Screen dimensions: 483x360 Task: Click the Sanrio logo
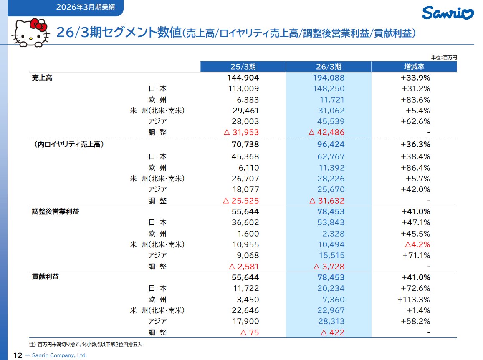click(x=448, y=13)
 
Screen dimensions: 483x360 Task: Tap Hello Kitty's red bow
click(x=39, y=25)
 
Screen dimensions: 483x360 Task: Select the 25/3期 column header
click(x=243, y=67)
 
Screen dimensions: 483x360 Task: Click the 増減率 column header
click(x=414, y=67)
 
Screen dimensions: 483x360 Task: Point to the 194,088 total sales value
click(x=329, y=78)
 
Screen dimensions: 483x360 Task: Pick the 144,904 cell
click(x=243, y=78)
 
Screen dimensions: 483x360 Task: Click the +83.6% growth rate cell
click(x=415, y=100)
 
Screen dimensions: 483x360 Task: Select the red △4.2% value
click(x=417, y=244)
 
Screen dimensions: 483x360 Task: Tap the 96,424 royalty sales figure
click(x=331, y=144)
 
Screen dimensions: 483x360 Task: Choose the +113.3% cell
click(x=414, y=300)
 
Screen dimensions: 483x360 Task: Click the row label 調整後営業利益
click(x=56, y=211)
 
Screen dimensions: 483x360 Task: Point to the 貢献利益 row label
click(x=45, y=277)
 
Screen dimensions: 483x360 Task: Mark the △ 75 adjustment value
click(x=250, y=332)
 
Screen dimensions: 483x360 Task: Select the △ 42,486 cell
click(x=326, y=132)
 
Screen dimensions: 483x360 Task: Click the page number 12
click(x=18, y=355)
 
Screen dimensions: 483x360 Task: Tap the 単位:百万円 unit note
click(x=444, y=58)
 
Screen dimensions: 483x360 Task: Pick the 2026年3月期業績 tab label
click(x=85, y=7)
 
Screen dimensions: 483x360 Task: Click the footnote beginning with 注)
click(x=86, y=345)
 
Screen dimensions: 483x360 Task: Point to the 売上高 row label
click(x=42, y=78)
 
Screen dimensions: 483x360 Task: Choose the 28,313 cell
click(x=331, y=321)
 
